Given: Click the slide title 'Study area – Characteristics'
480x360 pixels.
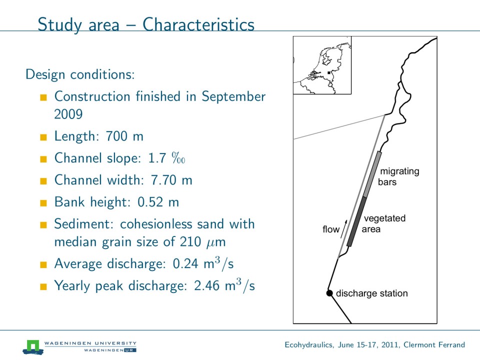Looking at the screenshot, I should (x=146, y=24).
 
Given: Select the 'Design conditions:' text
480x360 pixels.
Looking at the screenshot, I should (x=79, y=74).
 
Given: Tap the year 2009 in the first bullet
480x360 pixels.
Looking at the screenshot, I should (x=68, y=114).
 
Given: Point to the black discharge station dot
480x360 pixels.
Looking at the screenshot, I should (x=329, y=293).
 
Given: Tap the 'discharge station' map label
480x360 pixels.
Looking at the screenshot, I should (x=371, y=293).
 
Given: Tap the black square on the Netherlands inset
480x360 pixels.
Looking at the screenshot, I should (x=328, y=73).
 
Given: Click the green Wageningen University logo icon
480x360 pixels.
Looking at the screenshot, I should (x=33, y=345).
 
